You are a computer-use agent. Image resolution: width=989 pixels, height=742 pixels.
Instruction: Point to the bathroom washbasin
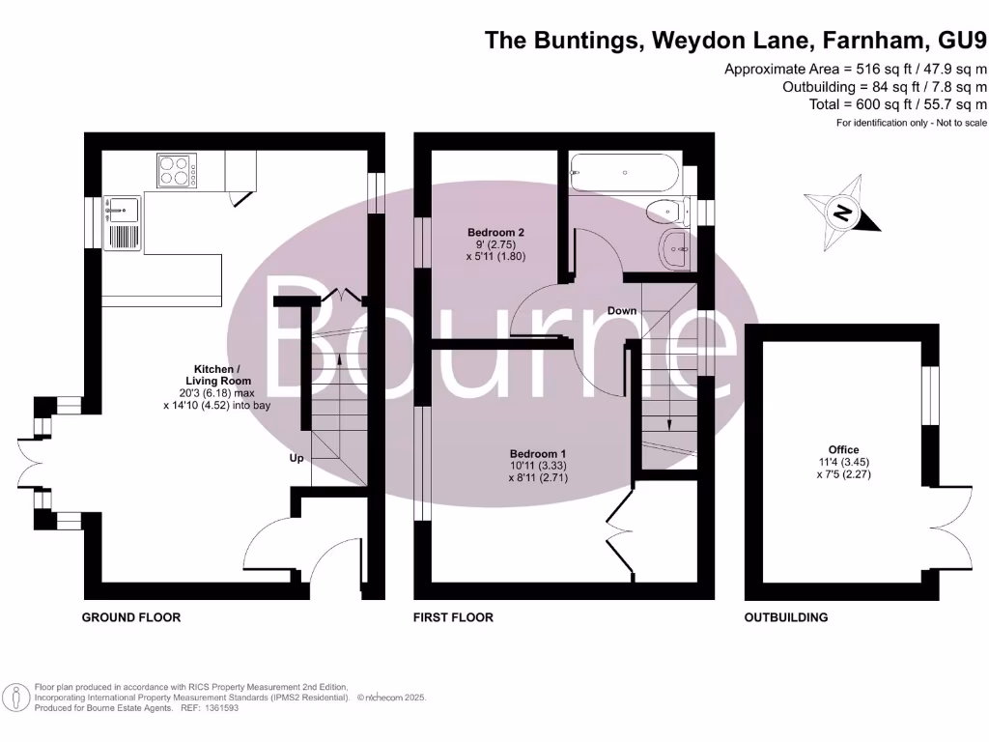click(674, 251)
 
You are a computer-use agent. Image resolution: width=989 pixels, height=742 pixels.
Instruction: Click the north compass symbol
click(843, 213)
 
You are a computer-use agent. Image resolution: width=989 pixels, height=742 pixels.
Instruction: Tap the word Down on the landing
click(622, 310)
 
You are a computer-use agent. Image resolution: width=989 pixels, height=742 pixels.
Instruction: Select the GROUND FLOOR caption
click(130, 617)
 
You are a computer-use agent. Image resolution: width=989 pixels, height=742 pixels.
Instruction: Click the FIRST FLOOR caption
click(453, 617)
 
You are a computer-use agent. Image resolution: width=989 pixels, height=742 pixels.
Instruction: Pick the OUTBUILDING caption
click(785, 617)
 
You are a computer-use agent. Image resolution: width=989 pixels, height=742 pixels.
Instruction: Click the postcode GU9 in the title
click(962, 40)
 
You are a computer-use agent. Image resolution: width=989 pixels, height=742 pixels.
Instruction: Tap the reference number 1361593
click(218, 708)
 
